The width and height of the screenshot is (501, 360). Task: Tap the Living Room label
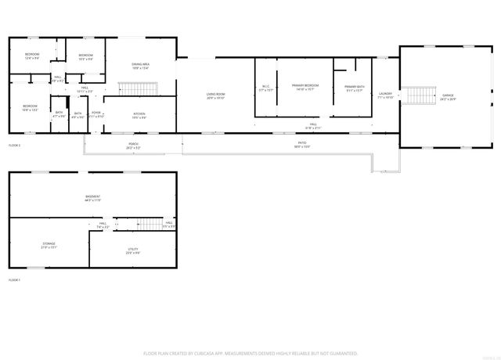pyautogui.click(x=215, y=95)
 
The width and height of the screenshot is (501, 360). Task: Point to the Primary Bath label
pyautogui.click(x=354, y=88)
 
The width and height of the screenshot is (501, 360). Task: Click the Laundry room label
pyautogui.click(x=384, y=95)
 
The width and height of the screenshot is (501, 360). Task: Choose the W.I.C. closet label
pyautogui.click(x=265, y=88)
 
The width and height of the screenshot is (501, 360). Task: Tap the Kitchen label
pyautogui.click(x=139, y=114)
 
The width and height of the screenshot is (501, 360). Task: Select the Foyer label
pyautogui.click(x=96, y=114)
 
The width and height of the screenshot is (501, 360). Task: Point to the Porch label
pyautogui.click(x=134, y=145)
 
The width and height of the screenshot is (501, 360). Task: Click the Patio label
pyautogui.click(x=301, y=145)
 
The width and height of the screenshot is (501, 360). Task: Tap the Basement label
pyautogui.click(x=92, y=198)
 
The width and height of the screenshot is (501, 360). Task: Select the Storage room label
pyautogui.click(x=49, y=246)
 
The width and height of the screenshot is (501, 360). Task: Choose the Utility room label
pyautogui.click(x=133, y=250)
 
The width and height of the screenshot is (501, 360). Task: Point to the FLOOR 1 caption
pyautogui.click(x=14, y=279)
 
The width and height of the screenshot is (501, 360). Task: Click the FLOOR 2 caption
pyautogui.click(x=14, y=146)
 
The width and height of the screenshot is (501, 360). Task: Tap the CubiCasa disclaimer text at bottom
pyautogui.click(x=250, y=354)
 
